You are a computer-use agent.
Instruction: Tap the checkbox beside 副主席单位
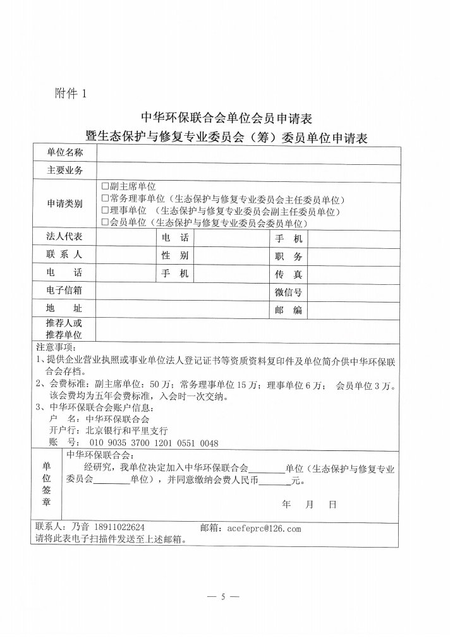tap(106, 187)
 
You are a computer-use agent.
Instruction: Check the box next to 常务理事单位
tap(106, 199)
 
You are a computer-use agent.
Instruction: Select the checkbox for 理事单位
tap(106, 211)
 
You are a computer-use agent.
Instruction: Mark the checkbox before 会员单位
tap(106, 223)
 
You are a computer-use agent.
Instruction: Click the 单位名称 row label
tap(64, 153)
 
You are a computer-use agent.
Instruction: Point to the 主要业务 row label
tap(64, 171)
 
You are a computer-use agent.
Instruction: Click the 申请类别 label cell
tap(64, 205)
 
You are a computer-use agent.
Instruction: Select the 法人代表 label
tap(64, 237)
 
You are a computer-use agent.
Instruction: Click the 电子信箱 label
tap(64, 291)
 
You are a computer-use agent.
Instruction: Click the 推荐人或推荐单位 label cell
tap(64, 328)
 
